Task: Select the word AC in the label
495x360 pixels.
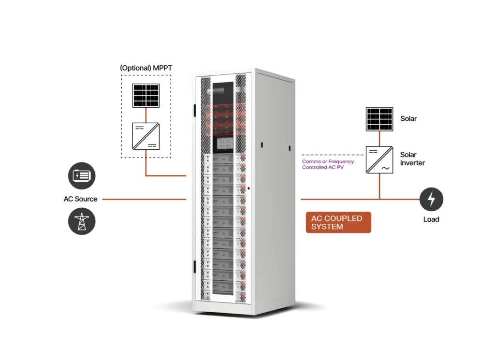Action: click(317, 218)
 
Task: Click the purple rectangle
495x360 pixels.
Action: click(333, 176)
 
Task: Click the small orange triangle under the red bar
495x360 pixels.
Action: click(384, 154)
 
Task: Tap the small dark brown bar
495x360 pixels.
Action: click(158, 153)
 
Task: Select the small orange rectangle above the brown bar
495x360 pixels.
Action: click(158, 115)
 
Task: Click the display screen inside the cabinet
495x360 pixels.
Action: click(223, 143)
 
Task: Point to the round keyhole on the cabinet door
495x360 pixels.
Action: click(248, 188)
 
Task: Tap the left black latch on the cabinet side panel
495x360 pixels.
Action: click(262, 144)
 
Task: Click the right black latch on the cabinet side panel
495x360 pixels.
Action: click(290, 147)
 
